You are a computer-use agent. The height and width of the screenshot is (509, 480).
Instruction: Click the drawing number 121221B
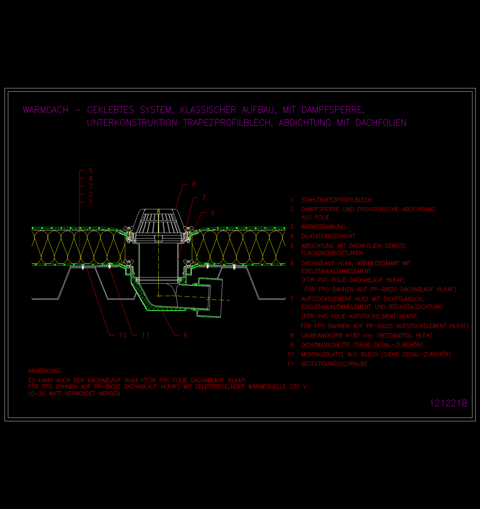448,403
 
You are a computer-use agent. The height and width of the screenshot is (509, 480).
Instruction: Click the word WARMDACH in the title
46,110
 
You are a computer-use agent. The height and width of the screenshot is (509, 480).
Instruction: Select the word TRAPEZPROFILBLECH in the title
228,123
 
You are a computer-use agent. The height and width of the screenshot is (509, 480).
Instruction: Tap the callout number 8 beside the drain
194,184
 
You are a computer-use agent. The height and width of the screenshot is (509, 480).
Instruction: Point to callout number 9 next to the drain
213,213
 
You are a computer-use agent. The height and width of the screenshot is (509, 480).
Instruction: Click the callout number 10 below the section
123,335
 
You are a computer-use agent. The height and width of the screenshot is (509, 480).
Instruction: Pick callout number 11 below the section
146,335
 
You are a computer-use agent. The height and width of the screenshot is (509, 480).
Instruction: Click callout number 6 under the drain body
186,335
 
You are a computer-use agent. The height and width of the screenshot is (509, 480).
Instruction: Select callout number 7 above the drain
204,198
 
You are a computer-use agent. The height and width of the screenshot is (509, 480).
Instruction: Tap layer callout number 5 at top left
90,171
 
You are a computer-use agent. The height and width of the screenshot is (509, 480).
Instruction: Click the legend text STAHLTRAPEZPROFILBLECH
337,200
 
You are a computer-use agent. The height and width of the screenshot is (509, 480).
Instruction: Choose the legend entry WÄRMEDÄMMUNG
323,227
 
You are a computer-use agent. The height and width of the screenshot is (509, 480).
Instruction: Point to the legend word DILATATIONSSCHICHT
328,236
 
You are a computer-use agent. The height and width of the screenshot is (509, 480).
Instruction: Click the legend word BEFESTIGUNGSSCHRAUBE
334,364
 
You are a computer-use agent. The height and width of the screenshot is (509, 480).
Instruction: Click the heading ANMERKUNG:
45,371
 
